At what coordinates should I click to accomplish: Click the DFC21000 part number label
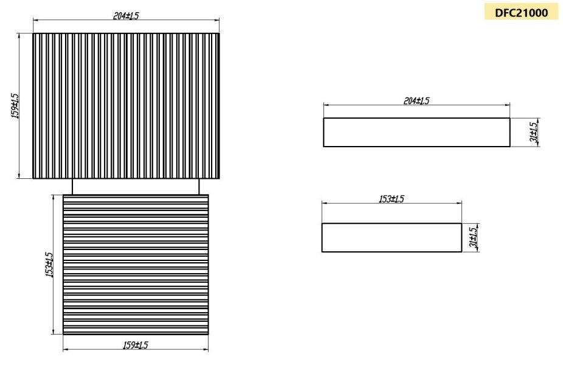click(521, 12)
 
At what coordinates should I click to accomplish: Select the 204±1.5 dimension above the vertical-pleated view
click(126, 16)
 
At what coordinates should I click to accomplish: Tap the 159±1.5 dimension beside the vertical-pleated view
click(15, 106)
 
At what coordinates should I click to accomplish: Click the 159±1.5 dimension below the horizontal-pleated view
click(135, 345)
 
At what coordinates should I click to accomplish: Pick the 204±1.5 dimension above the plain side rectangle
click(416, 101)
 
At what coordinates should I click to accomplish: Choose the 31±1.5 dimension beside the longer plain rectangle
click(533, 132)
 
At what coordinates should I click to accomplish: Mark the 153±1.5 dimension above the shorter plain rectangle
click(392, 200)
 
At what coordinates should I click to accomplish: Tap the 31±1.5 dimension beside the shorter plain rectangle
click(473, 237)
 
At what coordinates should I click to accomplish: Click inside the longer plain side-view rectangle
click(416, 133)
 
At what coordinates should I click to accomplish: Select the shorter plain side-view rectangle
click(392, 237)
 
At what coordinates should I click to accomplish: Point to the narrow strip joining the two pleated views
click(136, 186)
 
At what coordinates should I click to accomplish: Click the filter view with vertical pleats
click(126, 106)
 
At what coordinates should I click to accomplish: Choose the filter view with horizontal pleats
click(136, 264)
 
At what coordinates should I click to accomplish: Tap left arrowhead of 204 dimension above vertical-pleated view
click(35, 21)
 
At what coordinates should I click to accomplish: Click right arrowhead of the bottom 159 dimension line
click(206, 350)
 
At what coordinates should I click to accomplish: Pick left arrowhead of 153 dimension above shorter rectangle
click(324, 204)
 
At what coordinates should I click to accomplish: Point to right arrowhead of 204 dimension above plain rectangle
click(508, 106)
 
